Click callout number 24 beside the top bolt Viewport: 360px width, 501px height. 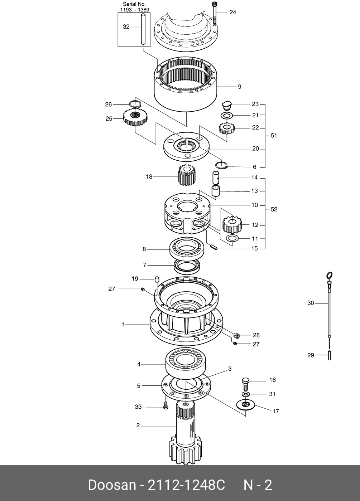[233, 12]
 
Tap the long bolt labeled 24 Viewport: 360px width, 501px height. [215, 13]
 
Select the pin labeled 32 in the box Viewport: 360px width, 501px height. [143, 29]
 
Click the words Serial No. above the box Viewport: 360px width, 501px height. [134, 4]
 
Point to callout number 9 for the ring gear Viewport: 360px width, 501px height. [240, 87]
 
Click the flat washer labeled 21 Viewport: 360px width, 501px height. [226, 115]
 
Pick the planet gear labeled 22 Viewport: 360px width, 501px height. [226, 128]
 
